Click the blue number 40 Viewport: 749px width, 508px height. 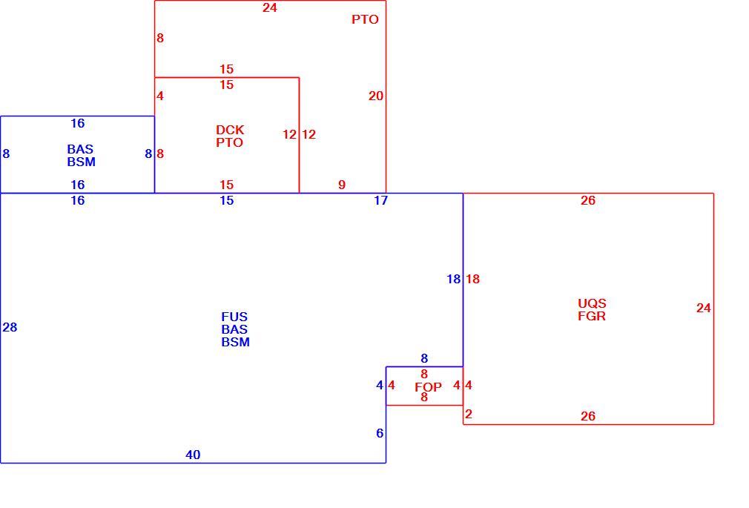click(193, 455)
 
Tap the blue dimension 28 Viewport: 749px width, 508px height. click(10, 327)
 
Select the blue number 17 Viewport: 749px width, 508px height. click(380, 201)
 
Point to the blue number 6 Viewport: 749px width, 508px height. click(380, 433)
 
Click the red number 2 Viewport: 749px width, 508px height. click(469, 414)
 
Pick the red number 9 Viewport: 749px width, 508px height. click(342, 185)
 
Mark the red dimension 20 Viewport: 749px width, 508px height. click(376, 96)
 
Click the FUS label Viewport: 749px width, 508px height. click(234, 317)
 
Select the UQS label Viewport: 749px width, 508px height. click(592, 303)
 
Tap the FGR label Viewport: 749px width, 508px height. click(592, 316)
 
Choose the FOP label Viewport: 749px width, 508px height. click(428, 387)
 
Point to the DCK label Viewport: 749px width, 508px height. click(230, 130)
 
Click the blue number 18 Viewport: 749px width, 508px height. click(453, 279)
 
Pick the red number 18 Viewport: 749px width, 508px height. click(472, 279)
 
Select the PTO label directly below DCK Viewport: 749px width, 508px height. click(229, 142)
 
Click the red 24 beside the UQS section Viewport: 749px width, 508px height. click(703, 309)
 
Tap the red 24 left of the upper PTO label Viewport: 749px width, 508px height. click(269, 7)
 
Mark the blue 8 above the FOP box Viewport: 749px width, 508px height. click(424, 358)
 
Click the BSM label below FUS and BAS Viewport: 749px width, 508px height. click(236, 342)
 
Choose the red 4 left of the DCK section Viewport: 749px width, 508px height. click(160, 96)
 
